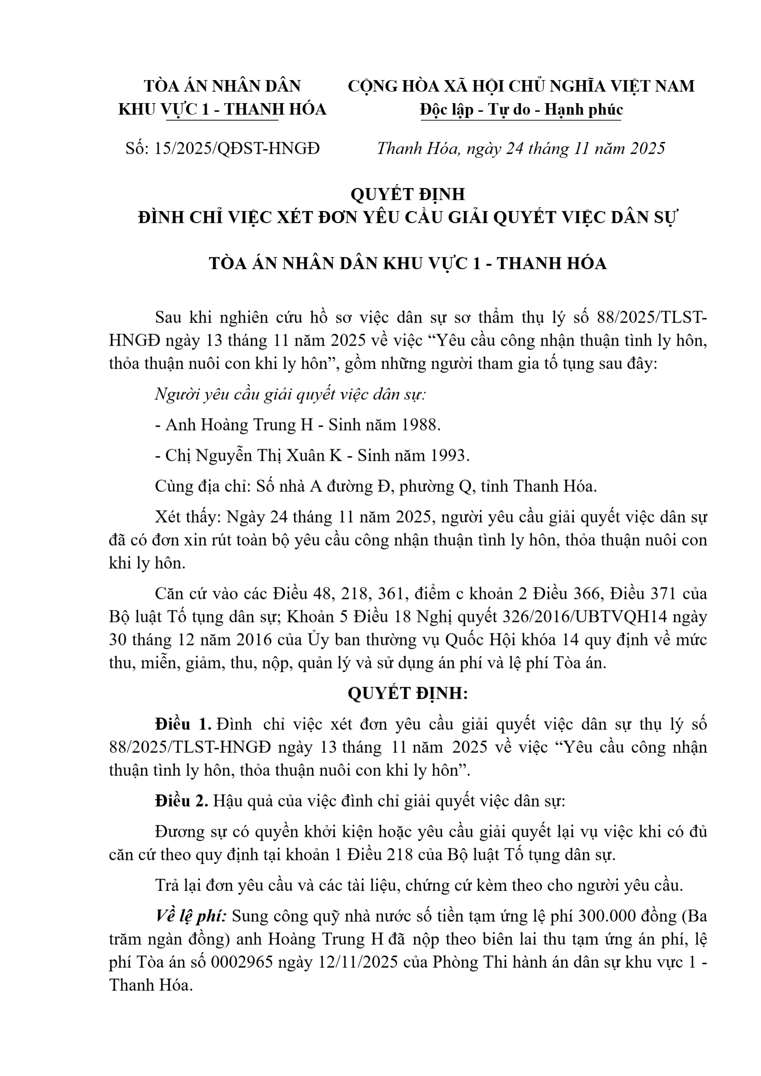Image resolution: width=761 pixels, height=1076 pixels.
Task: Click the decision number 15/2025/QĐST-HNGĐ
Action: (237, 149)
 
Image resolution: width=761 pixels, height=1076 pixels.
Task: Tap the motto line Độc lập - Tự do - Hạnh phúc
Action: (521, 110)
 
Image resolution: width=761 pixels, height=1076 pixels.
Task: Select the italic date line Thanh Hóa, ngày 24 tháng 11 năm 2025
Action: (521, 149)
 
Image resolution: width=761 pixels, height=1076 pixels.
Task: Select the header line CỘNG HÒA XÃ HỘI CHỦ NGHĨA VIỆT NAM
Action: (521, 86)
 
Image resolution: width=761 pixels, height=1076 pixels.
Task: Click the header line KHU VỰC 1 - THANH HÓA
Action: (222, 110)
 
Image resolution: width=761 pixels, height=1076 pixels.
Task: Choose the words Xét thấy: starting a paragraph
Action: (187, 517)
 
